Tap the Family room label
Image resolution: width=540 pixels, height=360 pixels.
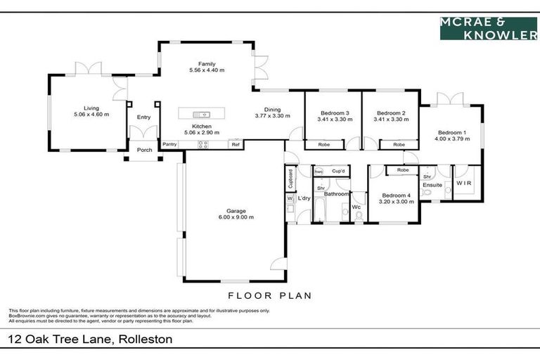coord(207,64)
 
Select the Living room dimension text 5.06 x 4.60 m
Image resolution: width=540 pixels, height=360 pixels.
coord(91,114)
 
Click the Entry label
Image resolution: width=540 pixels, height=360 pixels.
coord(143,117)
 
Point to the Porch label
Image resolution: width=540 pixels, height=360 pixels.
coord(144,150)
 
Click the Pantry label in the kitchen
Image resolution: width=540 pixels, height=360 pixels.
coord(169,144)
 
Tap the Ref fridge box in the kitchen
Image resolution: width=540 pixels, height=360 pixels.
coord(236,144)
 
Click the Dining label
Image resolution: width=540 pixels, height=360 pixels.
coord(272,110)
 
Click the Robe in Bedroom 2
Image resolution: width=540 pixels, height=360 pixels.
coord(399,144)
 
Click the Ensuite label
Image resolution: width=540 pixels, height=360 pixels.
coord(432,185)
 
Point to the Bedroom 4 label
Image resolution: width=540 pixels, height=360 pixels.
coord(395,195)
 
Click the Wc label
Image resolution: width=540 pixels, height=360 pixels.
coord(356,207)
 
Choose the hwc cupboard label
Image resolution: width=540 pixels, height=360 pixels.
coord(319,171)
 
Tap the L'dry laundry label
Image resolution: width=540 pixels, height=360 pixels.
coord(304,199)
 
